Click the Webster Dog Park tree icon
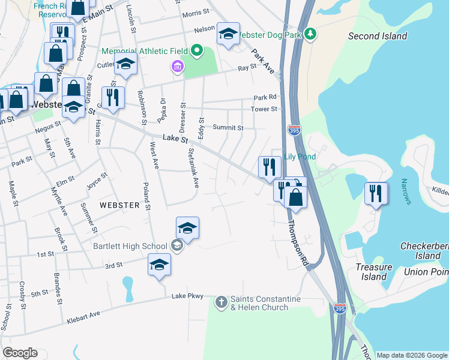tap(310, 34)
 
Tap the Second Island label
tap(378, 36)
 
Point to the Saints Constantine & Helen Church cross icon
tap(221, 302)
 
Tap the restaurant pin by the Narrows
tap(376, 194)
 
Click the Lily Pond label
tap(300, 157)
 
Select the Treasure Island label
tap(374, 272)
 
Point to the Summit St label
tap(229, 128)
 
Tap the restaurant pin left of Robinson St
tap(113, 98)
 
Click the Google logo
tap(20, 353)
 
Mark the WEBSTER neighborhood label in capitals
tap(119, 205)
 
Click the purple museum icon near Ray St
tap(177, 66)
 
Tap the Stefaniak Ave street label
tap(193, 168)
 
